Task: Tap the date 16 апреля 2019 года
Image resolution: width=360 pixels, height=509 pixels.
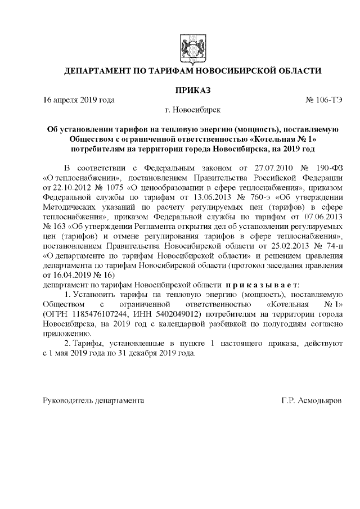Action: tap(79, 101)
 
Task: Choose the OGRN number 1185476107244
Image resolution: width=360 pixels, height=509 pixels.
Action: tap(98, 313)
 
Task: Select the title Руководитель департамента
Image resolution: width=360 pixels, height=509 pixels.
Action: tap(93, 402)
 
